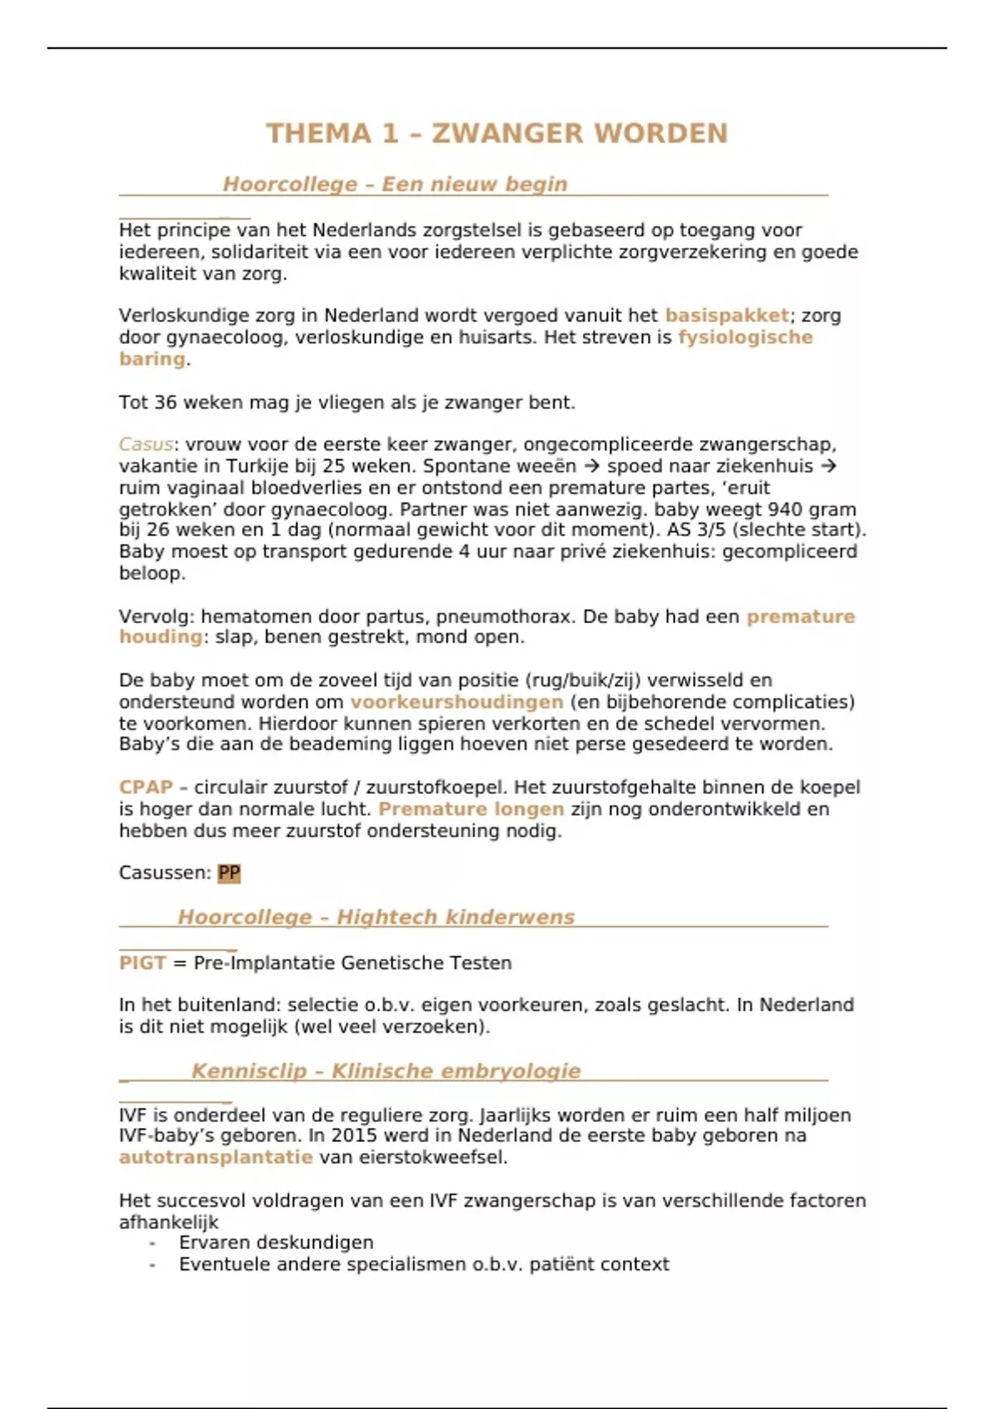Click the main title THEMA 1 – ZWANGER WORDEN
(x=497, y=133)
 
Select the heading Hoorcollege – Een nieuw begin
(x=395, y=184)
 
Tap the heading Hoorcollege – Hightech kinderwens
(x=376, y=917)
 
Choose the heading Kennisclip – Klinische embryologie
(x=386, y=1071)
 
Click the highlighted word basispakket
(x=726, y=316)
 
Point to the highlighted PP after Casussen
(x=229, y=873)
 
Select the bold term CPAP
(x=146, y=787)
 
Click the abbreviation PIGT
(x=142, y=963)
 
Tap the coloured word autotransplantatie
(x=216, y=1157)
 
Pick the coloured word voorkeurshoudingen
(x=456, y=702)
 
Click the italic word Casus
(x=146, y=444)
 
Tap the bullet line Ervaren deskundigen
(x=276, y=1242)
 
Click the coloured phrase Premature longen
(x=471, y=809)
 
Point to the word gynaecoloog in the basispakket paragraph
(x=225, y=337)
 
